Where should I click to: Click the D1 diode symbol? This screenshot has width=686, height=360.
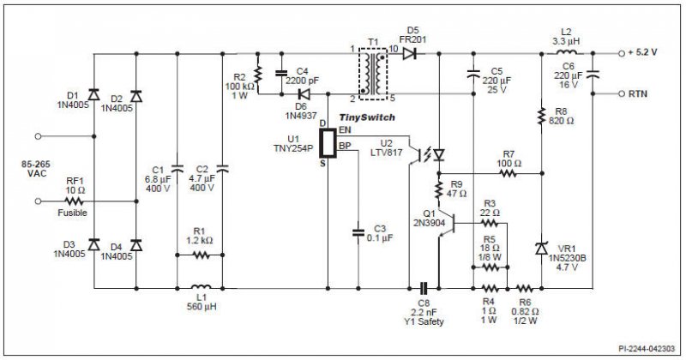[x=93, y=94]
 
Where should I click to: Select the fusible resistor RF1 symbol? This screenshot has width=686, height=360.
[x=74, y=201]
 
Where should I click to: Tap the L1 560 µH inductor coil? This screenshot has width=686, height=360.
[x=202, y=287]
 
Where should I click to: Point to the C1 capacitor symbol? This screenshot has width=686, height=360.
[x=178, y=169]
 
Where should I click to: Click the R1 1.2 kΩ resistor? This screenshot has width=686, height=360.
[x=202, y=255]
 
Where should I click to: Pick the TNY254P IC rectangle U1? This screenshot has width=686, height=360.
[x=328, y=143]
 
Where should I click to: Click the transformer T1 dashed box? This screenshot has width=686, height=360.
[x=373, y=74]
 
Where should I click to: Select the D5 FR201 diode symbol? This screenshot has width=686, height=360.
[x=409, y=54]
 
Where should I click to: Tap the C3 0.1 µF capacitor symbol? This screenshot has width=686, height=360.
[x=358, y=232]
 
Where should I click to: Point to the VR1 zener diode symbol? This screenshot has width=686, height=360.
[x=542, y=249]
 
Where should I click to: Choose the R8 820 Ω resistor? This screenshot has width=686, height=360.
[x=542, y=116]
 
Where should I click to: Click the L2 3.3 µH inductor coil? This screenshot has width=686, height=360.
[x=566, y=52]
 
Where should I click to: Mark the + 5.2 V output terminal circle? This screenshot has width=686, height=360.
[x=621, y=53]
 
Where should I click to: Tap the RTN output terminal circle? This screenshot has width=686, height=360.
[x=621, y=93]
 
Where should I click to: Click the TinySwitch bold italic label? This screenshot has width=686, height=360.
[x=367, y=117]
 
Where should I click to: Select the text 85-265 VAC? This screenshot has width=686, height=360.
[x=36, y=169]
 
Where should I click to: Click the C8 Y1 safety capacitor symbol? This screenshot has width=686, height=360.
[x=423, y=288]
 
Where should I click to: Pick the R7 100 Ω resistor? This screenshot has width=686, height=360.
[x=508, y=174]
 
